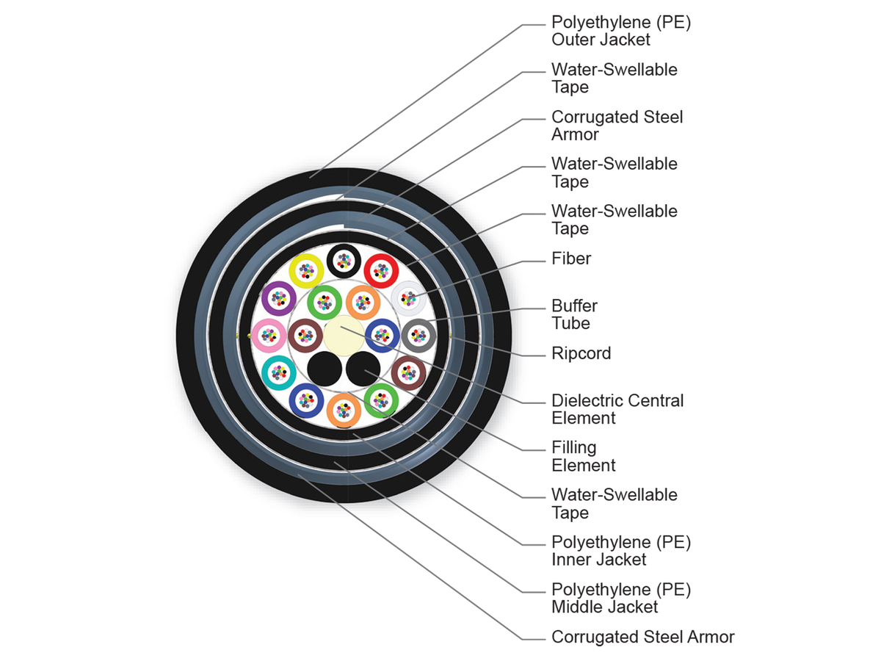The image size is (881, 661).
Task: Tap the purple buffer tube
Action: click(279, 298)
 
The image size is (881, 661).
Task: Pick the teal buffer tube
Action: click(279, 372)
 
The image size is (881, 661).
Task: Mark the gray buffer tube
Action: click(418, 335)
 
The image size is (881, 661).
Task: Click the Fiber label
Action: click(571, 259)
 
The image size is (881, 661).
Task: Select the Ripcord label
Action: click(581, 353)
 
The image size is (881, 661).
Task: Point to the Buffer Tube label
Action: click(574, 314)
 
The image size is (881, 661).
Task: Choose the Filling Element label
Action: click(583, 456)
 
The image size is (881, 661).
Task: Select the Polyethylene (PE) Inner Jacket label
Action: click(620, 551)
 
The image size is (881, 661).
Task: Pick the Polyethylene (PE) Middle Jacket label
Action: click(620, 598)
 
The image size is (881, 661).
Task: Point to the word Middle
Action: click(579, 607)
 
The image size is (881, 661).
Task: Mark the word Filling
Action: click(574, 447)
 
